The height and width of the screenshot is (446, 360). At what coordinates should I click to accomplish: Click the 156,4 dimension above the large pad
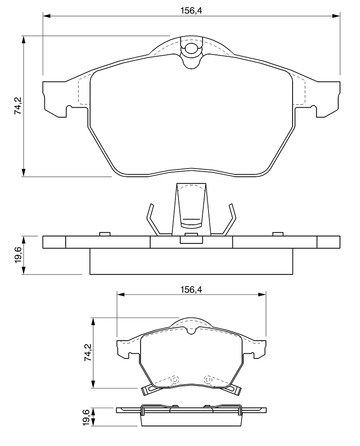(191, 11)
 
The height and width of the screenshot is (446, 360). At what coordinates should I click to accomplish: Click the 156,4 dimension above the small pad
(191, 290)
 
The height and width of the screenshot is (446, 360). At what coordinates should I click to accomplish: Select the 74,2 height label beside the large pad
(18, 105)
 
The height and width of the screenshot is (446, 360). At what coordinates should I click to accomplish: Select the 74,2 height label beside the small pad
(88, 352)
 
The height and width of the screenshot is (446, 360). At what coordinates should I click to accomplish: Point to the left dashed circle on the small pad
(174, 380)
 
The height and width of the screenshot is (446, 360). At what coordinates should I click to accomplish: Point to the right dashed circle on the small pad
(208, 380)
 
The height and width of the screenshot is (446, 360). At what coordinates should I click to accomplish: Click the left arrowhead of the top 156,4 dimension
(47, 16)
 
